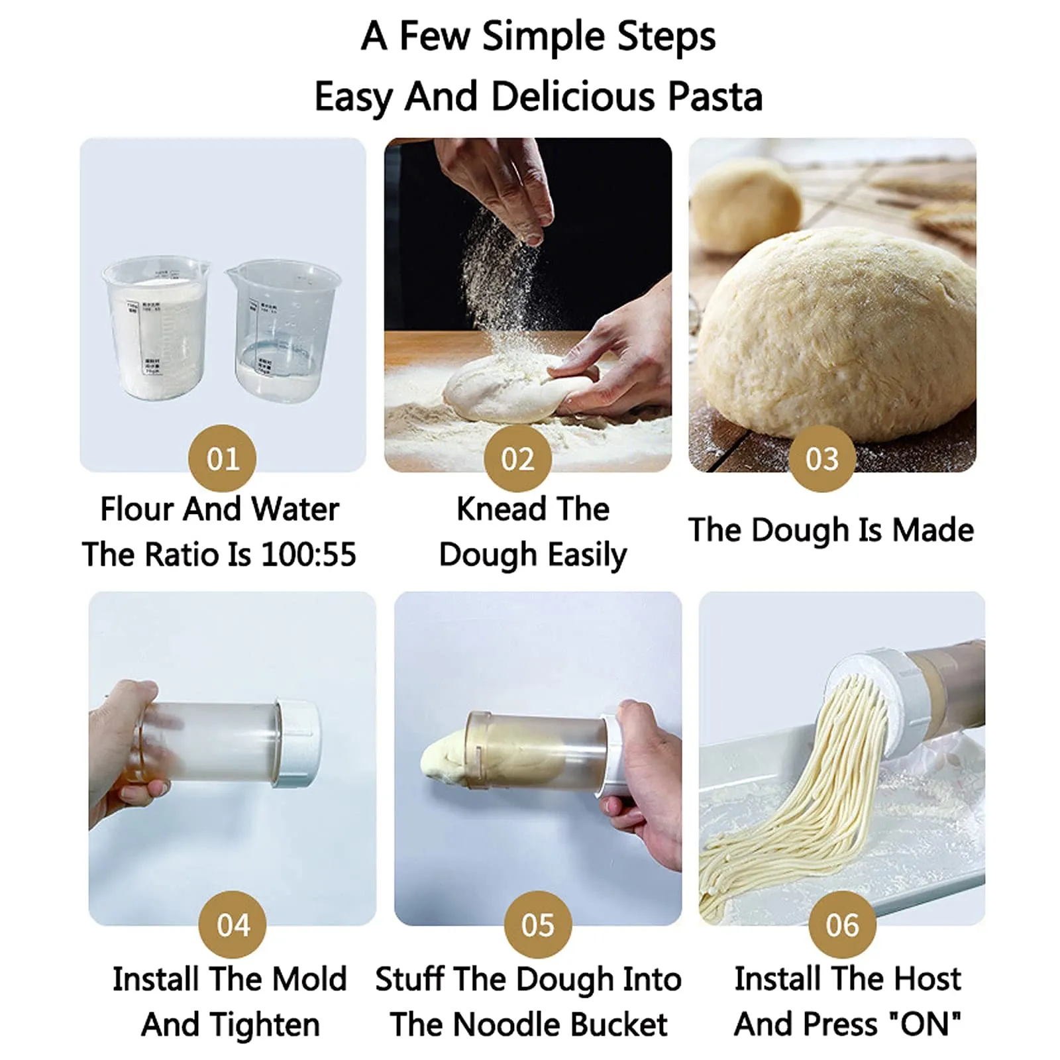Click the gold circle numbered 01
222,458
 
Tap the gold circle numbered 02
517,458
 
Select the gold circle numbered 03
821,458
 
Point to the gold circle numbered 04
233,925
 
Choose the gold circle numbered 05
537,925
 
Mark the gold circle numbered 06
841,925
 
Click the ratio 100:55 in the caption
309,555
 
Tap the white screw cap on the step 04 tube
297,744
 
